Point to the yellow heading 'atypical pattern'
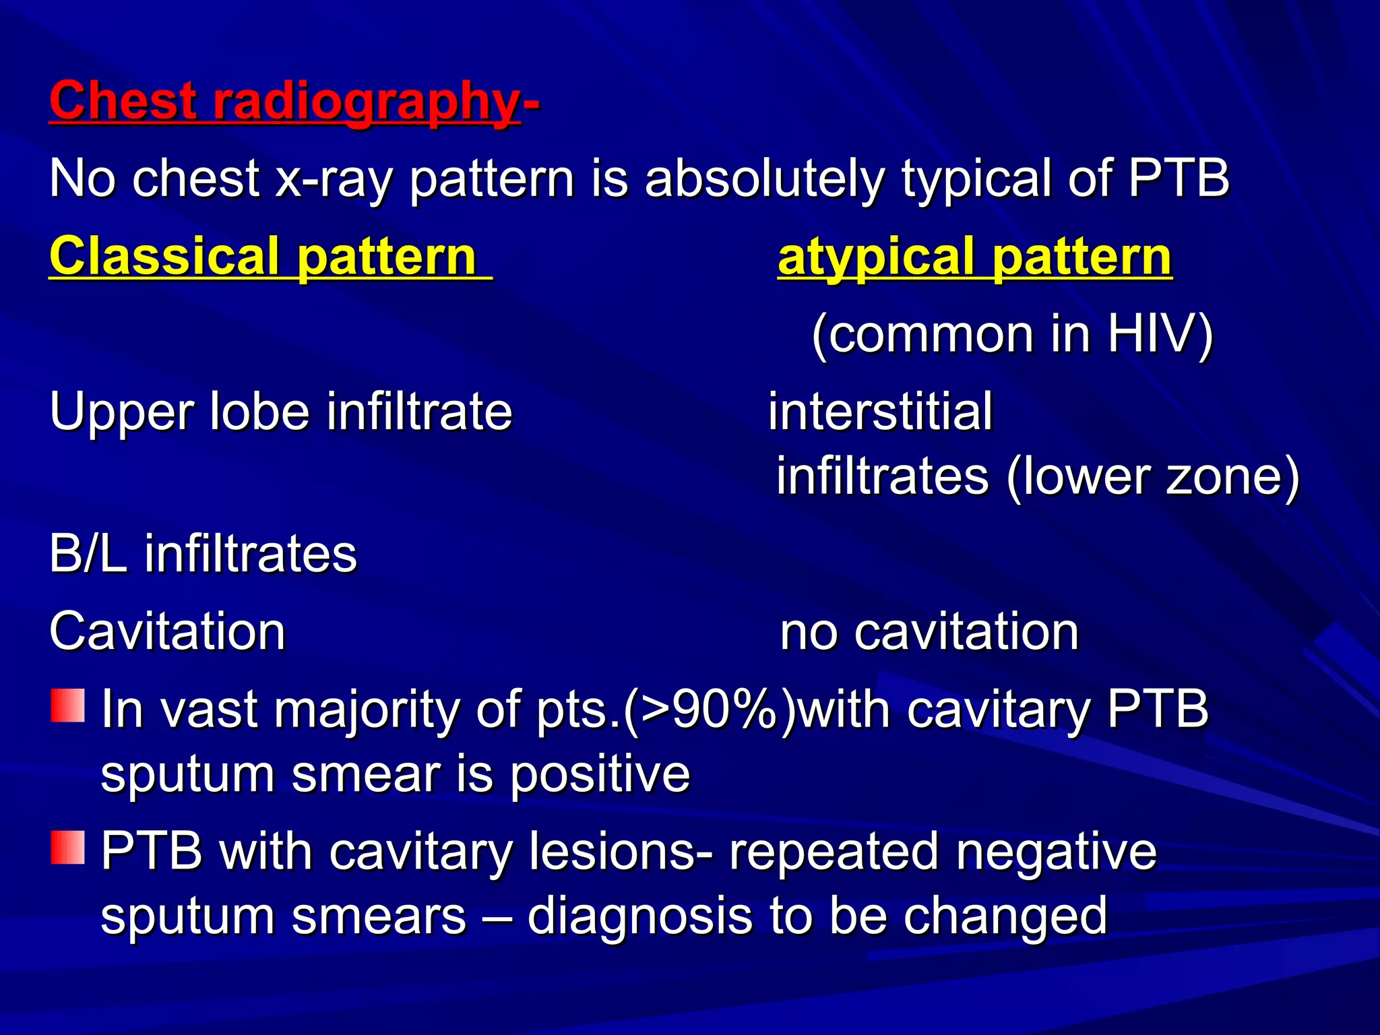[974, 257]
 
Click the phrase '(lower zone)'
[1153, 476]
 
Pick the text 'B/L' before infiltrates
[88, 554]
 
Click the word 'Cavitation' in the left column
[168, 632]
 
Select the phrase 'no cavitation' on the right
[929, 632]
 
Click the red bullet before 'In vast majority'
[68, 705]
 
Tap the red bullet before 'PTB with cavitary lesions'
[68, 847]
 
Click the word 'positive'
[600, 774]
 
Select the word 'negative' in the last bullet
[1056, 851]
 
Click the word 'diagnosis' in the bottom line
[640, 916]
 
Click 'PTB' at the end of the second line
[1179, 179]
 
